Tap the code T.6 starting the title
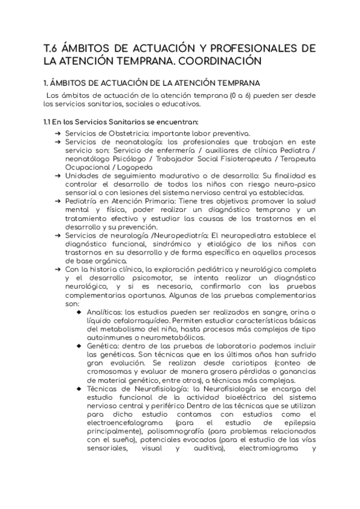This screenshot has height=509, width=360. click(x=53, y=47)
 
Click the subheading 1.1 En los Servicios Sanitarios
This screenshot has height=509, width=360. click(x=120, y=122)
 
